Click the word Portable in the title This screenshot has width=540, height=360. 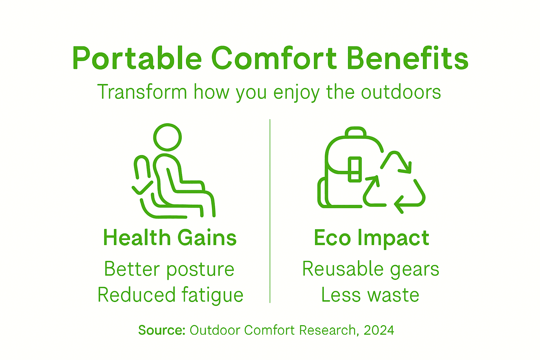137,58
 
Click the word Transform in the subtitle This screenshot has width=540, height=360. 142,92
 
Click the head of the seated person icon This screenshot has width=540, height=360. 167,137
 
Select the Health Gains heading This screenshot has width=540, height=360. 170,238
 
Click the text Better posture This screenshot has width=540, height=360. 169,269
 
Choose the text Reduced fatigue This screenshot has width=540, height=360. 170,295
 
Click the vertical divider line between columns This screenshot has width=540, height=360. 270,211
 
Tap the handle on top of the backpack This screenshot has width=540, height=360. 355,132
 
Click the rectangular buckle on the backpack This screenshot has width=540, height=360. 354,169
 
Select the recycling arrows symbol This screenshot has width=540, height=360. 394,183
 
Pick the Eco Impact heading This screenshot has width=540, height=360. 371,238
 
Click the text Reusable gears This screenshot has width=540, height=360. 371,269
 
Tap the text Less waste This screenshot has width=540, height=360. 370,295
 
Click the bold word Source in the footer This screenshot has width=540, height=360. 161,330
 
